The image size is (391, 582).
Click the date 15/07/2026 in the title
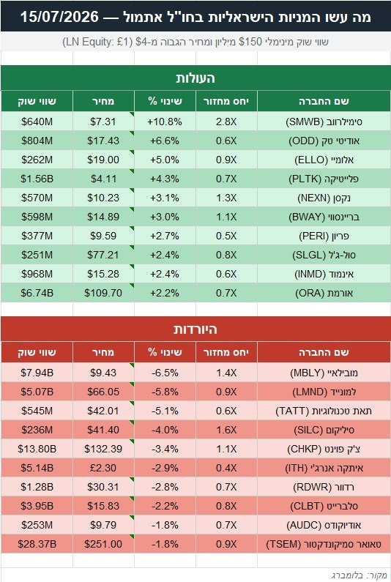pos(59,17)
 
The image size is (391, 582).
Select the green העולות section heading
pos(195,78)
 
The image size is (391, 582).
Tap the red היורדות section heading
pos(195,329)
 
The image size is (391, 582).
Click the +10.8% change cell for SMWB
pos(165,122)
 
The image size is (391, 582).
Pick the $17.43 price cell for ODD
pos(103,141)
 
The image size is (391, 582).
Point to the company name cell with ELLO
pos(324,160)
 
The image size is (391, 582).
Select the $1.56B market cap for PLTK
pos(37,179)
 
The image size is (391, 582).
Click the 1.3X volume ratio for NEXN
pos(226,198)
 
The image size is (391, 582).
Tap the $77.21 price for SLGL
pos(103,255)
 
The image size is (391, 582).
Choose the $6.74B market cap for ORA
pos(37,293)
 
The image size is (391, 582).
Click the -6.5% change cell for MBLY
pos(165,373)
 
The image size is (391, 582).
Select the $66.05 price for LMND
pos(103,392)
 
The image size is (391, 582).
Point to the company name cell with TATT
pos(324,411)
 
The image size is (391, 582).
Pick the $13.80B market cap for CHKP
pos(37,449)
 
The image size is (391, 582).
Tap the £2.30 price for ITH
pos(103,468)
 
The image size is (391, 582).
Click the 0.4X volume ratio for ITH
pos(226,468)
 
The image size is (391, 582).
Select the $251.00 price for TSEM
pos(103,544)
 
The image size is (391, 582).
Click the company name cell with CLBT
pos(324,506)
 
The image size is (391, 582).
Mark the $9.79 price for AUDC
pos(103,525)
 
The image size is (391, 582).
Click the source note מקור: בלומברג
pos(359,575)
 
